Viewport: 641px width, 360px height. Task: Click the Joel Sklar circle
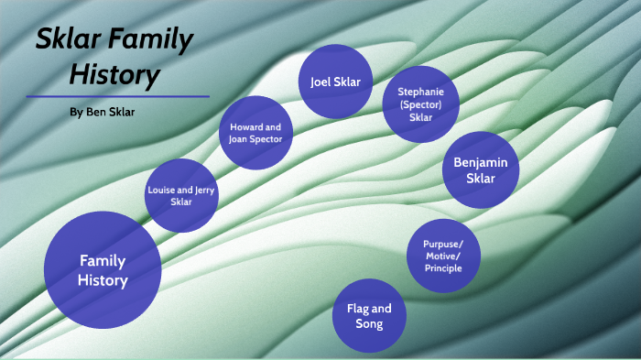point(335,82)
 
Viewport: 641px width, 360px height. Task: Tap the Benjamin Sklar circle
point(480,169)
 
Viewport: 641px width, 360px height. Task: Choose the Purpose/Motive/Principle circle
point(442,256)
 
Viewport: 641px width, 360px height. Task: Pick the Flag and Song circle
point(368,315)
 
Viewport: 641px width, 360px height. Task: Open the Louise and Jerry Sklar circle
point(181,195)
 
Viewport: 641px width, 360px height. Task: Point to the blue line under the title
point(119,96)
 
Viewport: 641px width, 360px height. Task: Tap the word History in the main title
point(115,74)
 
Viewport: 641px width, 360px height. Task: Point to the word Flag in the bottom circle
point(356,309)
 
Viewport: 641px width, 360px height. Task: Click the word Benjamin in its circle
point(480,162)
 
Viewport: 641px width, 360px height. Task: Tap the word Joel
point(320,82)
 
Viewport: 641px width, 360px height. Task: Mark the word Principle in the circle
point(442,267)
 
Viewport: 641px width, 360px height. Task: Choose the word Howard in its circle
point(244,126)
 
